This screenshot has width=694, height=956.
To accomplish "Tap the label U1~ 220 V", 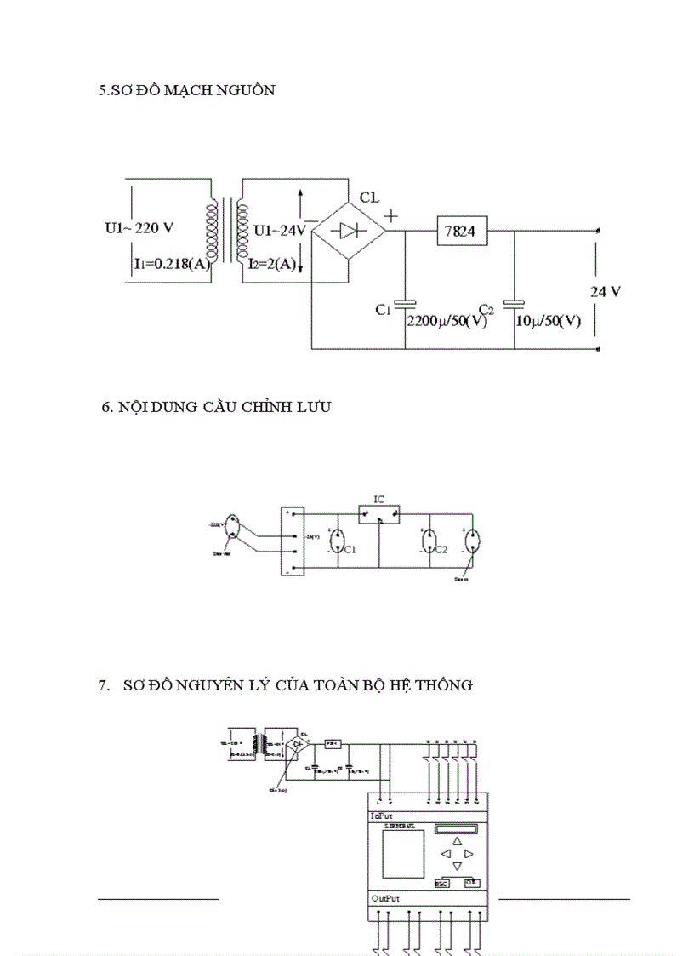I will pyautogui.click(x=139, y=228).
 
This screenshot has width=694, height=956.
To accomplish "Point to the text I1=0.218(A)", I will pyautogui.click(x=171, y=264).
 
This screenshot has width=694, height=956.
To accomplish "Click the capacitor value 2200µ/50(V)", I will pyautogui.click(x=447, y=323).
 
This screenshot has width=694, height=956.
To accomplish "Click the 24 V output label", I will pyautogui.click(x=606, y=291).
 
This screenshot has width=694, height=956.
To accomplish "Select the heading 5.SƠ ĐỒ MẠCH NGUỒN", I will pyautogui.click(x=186, y=90).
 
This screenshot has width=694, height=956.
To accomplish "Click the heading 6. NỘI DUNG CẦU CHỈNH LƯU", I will pyautogui.click(x=216, y=407).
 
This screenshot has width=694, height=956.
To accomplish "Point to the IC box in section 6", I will pyautogui.click(x=378, y=513).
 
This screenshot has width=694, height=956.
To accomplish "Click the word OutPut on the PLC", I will pyautogui.click(x=385, y=898).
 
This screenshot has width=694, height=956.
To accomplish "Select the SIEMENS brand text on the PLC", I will pyautogui.click(x=399, y=827).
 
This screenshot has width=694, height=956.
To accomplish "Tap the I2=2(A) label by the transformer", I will pyautogui.click(x=273, y=265).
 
